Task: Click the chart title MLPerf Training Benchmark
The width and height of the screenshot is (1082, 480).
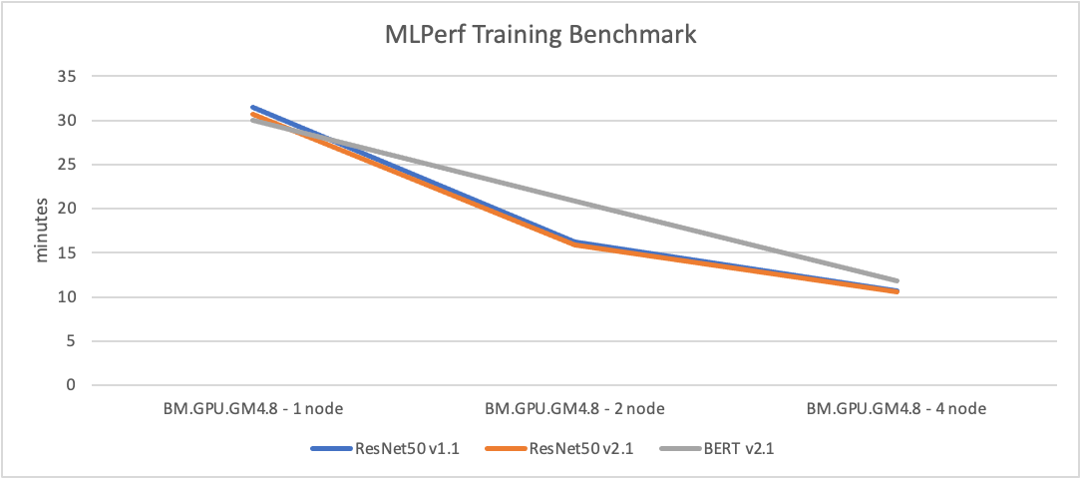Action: (541, 36)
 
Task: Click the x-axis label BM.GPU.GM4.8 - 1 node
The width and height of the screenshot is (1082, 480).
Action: (253, 408)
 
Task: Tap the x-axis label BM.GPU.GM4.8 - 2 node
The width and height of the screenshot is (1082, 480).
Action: (574, 408)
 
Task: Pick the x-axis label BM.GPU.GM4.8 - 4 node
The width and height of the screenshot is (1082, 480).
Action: (896, 408)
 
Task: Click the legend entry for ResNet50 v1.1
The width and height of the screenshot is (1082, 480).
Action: (400, 448)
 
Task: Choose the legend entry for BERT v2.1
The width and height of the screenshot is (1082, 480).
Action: (717, 448)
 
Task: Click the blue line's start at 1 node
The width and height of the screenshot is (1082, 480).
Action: (253, 107)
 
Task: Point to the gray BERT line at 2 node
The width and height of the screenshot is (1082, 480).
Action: (574, 202)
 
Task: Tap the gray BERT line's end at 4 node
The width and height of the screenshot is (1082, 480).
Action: (896, 281)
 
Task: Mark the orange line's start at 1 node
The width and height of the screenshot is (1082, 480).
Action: (253, 115)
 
